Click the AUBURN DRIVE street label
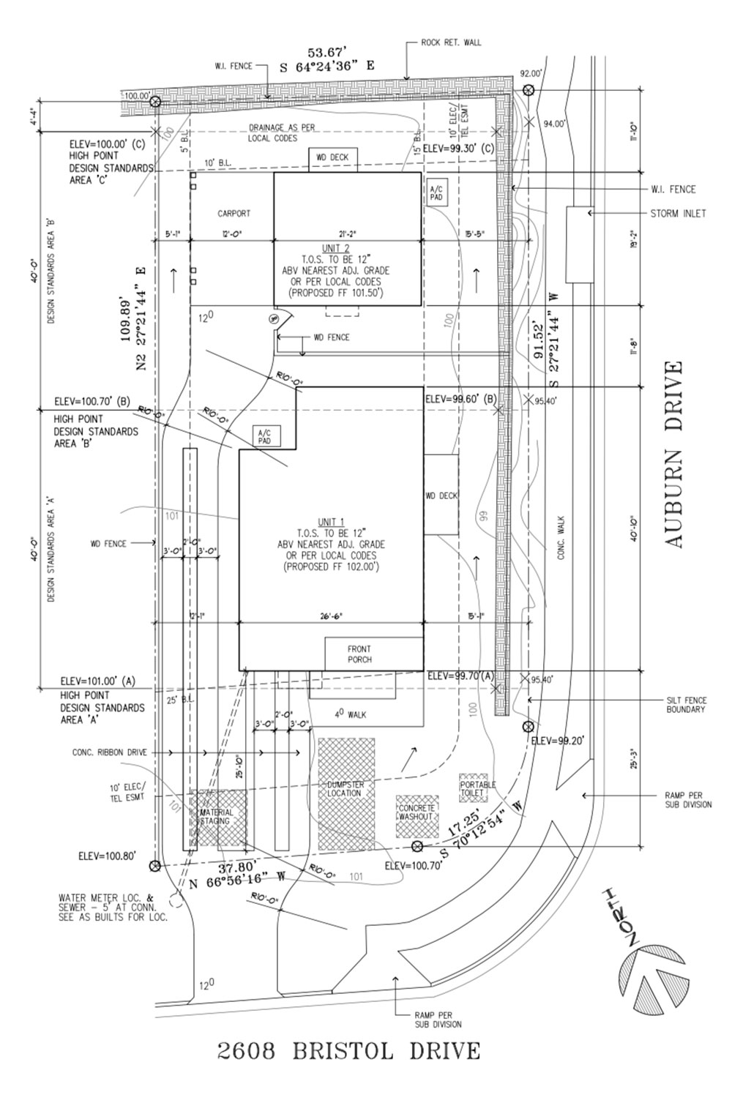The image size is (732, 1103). [673, 454]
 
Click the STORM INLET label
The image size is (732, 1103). [678, 214]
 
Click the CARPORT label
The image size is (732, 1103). [234, 214]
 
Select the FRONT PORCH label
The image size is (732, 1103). [359, 654]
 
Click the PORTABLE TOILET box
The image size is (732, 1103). [477, 788]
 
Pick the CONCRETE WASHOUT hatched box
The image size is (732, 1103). [417, 816]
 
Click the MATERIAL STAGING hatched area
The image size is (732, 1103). [217, 817]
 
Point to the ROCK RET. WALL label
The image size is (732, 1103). [451, 42]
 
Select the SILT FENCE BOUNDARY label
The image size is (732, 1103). [686, 705]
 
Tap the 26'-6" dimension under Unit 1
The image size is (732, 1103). [332, 616]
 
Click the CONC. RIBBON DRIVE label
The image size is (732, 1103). [109, 752]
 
